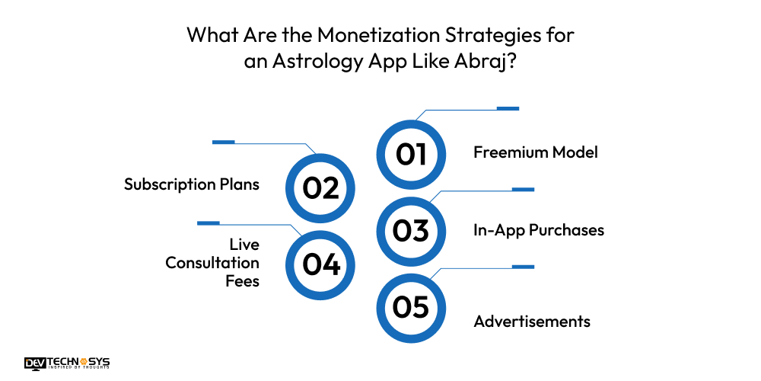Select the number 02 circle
(320, 188)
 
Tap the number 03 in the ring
(411, 230)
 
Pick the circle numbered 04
(320, 264)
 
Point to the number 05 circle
(411, 307)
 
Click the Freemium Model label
(536, 152)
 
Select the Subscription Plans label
(192, 184)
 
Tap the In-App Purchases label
(539, 229)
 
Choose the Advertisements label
(532, 322)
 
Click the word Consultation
(212, 263)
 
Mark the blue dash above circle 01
(508, 108)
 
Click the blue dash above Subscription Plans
(223, 142)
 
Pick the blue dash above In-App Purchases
(523, 189)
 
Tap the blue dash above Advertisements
(523, 267)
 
